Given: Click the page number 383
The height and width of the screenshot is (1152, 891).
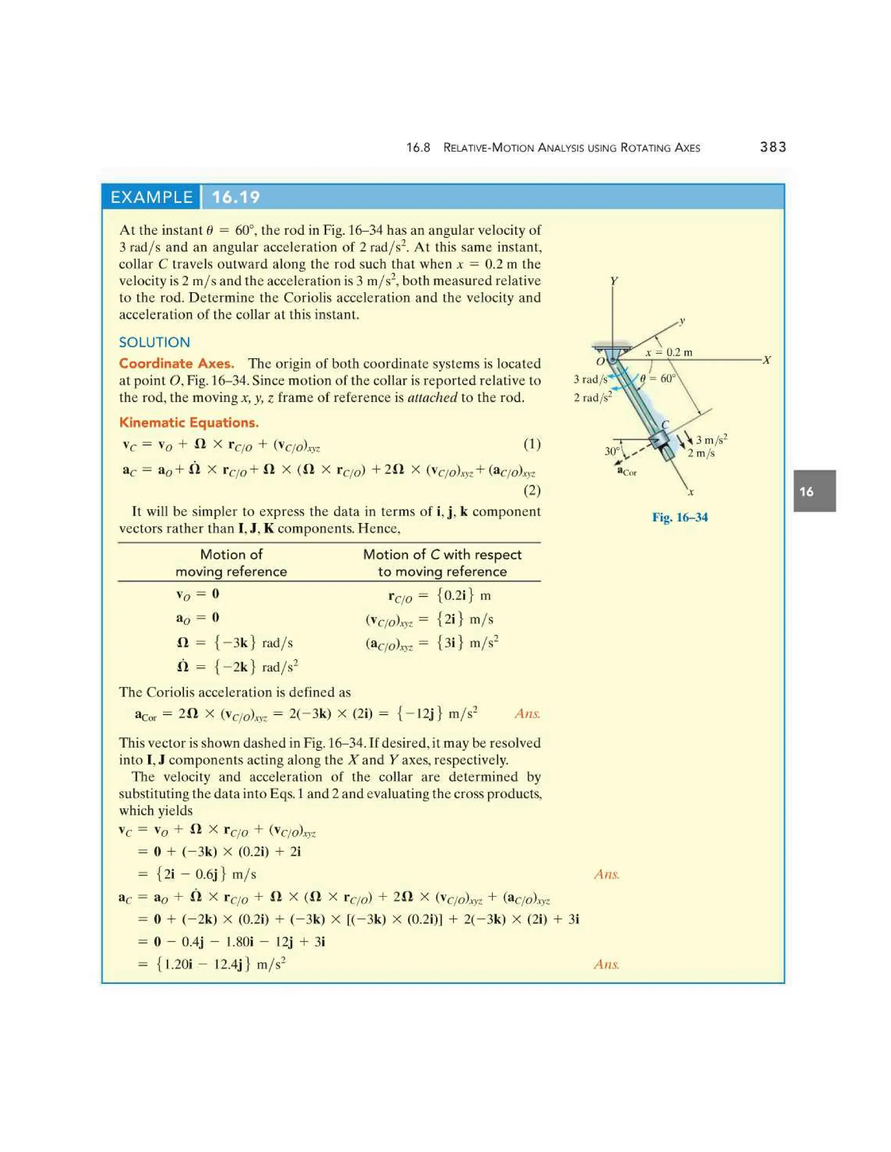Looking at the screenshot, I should tap(773, 147).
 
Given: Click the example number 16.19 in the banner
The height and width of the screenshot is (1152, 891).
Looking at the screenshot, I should tap(236, 197).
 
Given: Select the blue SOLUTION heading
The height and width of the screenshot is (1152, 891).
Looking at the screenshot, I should tap(154, 342).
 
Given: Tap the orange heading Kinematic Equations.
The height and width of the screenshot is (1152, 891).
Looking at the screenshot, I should tap(188, 423).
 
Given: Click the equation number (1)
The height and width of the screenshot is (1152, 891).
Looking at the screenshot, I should tap(532, 444).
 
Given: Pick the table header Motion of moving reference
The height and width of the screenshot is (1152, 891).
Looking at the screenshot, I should tap(231, 563).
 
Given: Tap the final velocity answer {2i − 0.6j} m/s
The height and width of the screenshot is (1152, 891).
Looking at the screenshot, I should tap(205, 874).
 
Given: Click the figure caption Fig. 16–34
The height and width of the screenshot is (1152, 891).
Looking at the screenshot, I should tap(680, 517).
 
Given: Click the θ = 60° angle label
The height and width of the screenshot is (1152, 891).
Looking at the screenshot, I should tap(658, 378).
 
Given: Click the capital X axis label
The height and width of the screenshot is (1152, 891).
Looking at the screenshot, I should tap(767, 360).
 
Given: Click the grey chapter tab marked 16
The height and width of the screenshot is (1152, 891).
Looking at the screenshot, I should tap(814, 491).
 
